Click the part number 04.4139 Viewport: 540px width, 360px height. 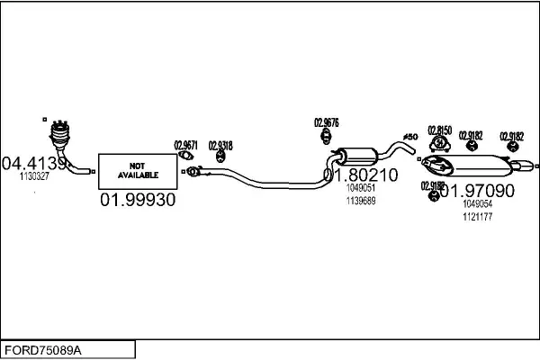[x=34, y=163]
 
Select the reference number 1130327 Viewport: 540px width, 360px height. [x=34, y=176]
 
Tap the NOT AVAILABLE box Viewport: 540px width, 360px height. [x=137, y=170]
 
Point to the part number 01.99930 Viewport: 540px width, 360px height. [x=137, y=199]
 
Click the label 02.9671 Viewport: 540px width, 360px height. [x=186, y=144]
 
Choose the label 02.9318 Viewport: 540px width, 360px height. [x=220, y=144]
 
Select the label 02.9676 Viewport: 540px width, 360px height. [x=326, y=122]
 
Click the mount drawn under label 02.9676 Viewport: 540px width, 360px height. [x=326, y=136]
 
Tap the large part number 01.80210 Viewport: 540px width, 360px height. [x=360, y=175]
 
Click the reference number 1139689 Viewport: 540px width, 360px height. [x=360, y=201]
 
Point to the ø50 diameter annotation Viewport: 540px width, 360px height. [x=410, y=136]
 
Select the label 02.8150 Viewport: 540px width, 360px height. [x=439, y=130]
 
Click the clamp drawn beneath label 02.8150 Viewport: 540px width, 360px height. [x=439, y=144]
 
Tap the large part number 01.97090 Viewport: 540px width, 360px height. [x=476, y=191]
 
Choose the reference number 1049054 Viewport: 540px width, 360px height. [x=476, y=205]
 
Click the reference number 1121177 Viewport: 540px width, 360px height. [x=476, y=217]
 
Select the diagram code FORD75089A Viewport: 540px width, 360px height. [x=45, y=348]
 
